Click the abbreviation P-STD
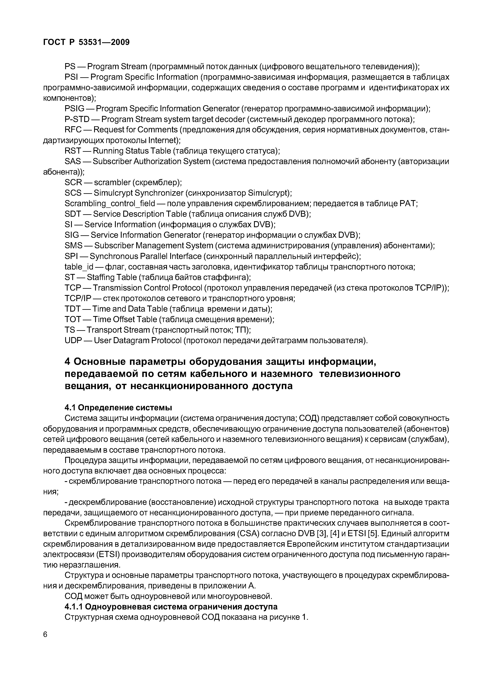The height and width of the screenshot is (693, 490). tap(77, 120)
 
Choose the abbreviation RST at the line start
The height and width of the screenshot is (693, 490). tap(73, 151)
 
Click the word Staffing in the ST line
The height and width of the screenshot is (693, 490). tap(101, 278)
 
